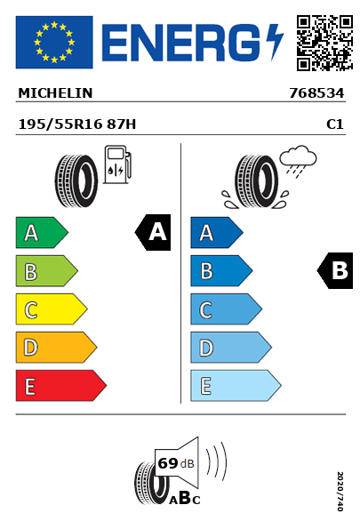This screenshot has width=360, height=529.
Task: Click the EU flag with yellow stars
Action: tap(54, 42)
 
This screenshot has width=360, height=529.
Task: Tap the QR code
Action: tap(324, 43)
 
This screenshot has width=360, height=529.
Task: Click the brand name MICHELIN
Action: tap(55, 93)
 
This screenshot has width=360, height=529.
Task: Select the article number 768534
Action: tap(316, 93)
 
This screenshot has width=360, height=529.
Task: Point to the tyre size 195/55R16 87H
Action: tap(77, 124)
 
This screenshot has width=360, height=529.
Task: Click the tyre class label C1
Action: tap(335, 124)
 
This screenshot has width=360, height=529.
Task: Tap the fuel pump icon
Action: tap(117, 164)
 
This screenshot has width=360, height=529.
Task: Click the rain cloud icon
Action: tap(298, 161)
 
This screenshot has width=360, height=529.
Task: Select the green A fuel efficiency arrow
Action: tap(42, 232)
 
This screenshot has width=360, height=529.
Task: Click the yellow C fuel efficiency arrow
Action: tap(52, 309)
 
